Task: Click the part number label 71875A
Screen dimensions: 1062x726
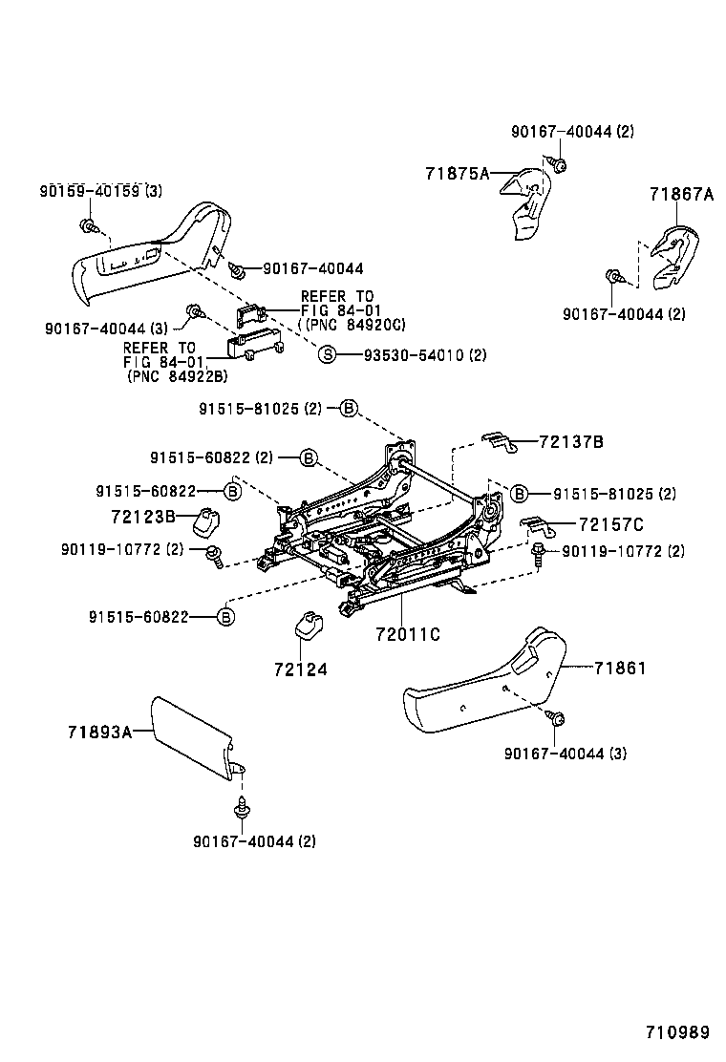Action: click(x=457, y=173)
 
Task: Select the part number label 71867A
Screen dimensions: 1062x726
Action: click(x=681, y=194)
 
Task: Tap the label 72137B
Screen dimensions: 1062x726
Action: click(x=570, y=442)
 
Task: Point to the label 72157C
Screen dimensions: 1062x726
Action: click(x=610, y=524)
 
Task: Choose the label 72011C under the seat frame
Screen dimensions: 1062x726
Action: click(x=408, y=633)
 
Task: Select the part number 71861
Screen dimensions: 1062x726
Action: click(x=619, y=668)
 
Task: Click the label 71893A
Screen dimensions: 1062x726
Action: click(x=99, y=732)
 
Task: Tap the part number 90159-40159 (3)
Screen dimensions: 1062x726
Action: click(x=100, y=191)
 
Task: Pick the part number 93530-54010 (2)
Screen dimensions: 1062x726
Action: click(x=424, y=355)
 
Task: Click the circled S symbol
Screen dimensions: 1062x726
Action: click(x=327, y=355)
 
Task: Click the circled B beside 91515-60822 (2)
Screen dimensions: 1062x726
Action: click(x=308, y=457)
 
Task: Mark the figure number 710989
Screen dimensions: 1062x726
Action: click(x=677, y=1031)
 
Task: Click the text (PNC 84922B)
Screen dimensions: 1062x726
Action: click(x=177, y=375)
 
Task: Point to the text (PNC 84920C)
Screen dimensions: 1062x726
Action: click(x=352, y=325)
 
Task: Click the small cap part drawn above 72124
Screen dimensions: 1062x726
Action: click(x=308, y=626)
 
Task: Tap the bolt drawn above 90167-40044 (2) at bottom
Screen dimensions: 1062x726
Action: click(x=243, y=810)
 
